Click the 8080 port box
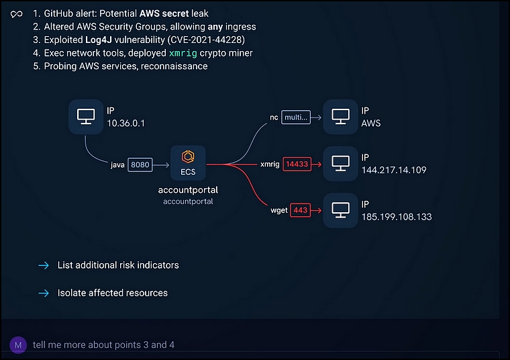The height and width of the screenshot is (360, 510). click(140, 165)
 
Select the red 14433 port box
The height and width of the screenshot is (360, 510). click(297, 164)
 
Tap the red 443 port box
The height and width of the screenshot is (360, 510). click(300, 210)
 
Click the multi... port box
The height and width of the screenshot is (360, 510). click(296, 117)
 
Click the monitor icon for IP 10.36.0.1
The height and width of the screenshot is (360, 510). click(86, 116)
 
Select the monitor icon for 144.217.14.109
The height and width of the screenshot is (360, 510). click(340, 163)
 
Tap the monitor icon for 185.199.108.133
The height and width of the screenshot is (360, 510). click(340, 210)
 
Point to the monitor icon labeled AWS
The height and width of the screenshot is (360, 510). click(340, 116)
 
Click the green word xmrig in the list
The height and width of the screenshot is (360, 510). click(183, 53)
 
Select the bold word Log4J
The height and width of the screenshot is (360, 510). click(99, 40)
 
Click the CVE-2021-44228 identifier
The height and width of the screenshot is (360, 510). click(206, 40)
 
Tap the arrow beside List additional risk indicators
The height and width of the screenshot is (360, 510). click(44, 265)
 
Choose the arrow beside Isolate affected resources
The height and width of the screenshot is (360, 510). click(44, 294)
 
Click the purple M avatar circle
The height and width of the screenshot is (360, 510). click(18, 345)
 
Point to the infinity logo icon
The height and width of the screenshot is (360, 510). click(17, 14)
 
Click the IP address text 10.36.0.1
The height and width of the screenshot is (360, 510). click(126, 124)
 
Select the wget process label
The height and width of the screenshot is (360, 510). click(279, 211)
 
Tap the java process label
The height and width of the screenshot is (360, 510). click(117, 165)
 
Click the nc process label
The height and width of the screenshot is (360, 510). click(274, 118)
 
